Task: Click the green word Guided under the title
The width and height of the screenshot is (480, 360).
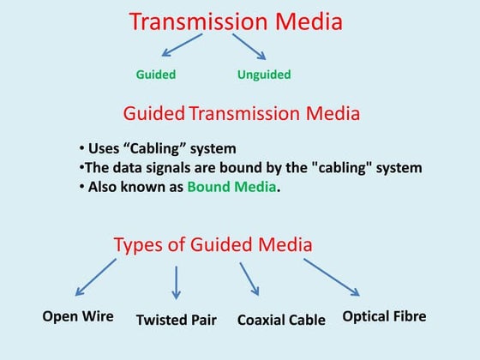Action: [x=156, y=75]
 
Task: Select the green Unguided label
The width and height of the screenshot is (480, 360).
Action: [x=264, y=75]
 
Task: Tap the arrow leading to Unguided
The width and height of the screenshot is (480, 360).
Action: [x=249, y=46]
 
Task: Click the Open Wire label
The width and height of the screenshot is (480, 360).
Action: [x=78, y=316]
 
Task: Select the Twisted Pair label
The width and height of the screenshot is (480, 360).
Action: [x=177, y=321]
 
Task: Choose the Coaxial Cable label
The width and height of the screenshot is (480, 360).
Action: [x=281, y=321]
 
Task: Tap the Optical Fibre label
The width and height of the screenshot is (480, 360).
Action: [x=384, y=316]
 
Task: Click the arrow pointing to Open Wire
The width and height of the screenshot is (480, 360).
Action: [x=95, y=277]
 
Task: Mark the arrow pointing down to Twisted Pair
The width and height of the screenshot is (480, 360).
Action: [x=177, y=282]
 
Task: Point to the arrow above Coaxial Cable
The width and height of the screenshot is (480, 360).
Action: [x=249, y=279]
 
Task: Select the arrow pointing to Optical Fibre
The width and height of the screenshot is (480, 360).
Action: [x=331, y=277]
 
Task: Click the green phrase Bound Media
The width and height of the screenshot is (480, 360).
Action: [x=232, y=187]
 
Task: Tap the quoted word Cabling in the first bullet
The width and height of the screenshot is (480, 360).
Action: [x=181, y=148]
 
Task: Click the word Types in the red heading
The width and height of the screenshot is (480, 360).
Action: [x=139, y=245]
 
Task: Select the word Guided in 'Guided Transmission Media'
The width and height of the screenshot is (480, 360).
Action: [x=154, y=113]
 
